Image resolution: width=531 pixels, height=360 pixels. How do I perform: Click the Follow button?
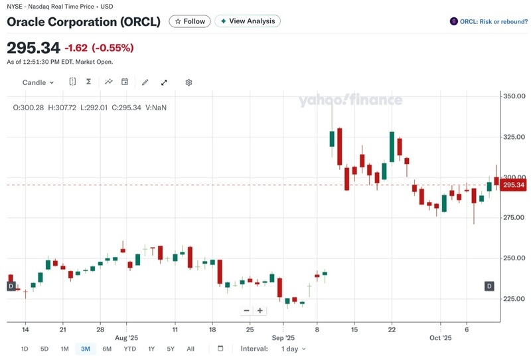(x=190, y=21)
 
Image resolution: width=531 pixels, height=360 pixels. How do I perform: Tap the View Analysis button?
(x=248, y=21)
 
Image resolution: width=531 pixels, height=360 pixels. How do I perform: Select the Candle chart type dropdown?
(x=38, y=82)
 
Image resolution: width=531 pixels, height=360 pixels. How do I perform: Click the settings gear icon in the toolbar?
(x=189, y=82)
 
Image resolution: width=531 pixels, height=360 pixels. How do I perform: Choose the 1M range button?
(x=64, y=349)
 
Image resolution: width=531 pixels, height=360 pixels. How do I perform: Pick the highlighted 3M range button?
(x=86, y=349)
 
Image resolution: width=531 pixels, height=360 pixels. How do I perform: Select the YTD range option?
(x=130, y=349)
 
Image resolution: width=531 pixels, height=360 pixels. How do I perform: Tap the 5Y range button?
(x=171, y=349)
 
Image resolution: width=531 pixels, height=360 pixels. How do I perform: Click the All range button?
(x=190, y=349)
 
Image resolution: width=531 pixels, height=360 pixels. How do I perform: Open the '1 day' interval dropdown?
(x=293, y=349)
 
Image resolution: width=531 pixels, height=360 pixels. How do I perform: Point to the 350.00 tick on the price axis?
(x=514, y=96)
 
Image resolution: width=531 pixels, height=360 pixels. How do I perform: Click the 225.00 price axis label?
(x=514, y=299)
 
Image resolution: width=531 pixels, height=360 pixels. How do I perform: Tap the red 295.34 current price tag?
(x=514, y=185)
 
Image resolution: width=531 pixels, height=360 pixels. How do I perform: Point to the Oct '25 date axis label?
(x=440, y=338)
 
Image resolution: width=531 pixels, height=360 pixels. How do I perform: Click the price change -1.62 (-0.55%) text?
(x=99, y=48)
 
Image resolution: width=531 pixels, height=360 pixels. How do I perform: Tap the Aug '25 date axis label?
(x=125, y=338)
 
